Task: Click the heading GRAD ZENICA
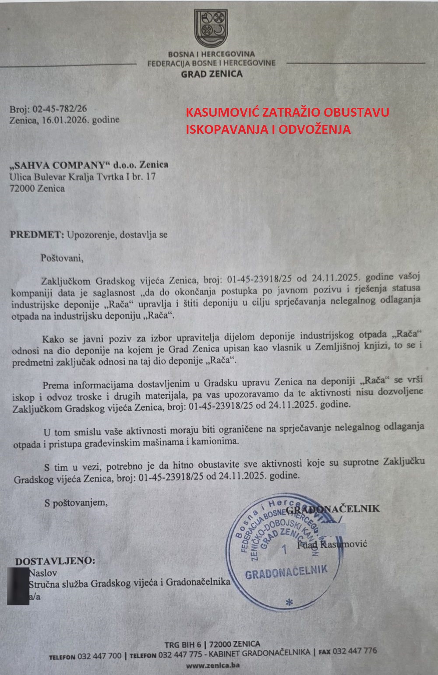[212, 74]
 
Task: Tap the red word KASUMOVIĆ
[222, 112]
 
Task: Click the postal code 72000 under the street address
[22, 189]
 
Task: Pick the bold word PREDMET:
[37, 235]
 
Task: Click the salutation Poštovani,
[62, 258]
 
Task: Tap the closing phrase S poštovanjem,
[75, 503]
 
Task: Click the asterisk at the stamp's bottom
[288, 601]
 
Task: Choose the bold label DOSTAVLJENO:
[55, 561]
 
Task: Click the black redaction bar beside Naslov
[18, 586]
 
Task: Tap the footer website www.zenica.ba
[212, 665]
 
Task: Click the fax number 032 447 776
[354, 651]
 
